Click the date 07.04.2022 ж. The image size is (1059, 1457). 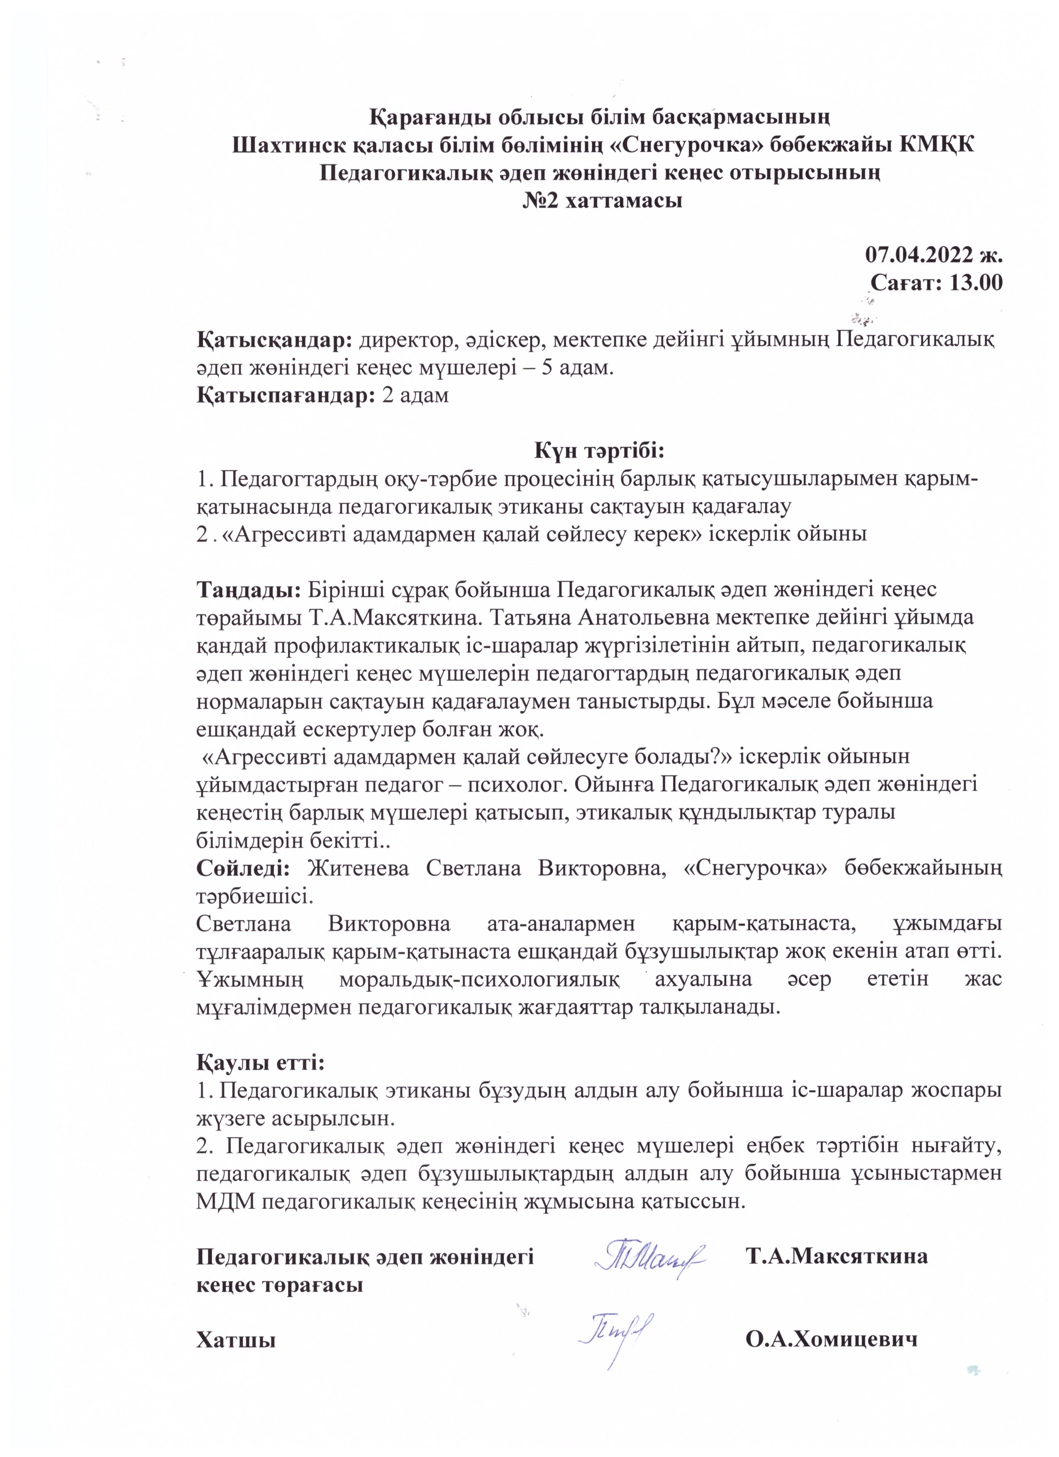pyautogui.click(x=933, y=254)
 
